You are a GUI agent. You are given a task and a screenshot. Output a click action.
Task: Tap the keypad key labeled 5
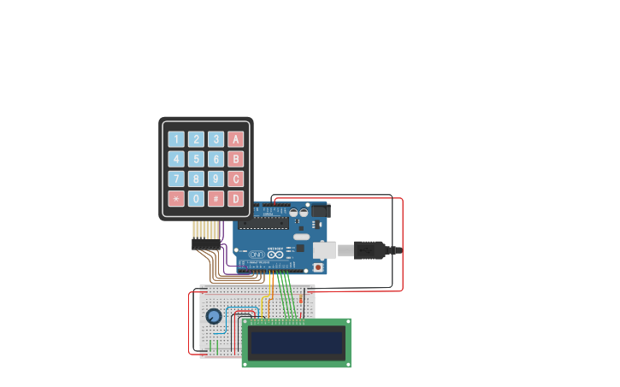[196, 159]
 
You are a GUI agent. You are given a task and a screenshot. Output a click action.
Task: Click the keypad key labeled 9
[216, 179]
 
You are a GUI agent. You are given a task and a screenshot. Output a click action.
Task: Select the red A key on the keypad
[235, 139]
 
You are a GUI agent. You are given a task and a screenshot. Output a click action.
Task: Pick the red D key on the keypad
[235, 198]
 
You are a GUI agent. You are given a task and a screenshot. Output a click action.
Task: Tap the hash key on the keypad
[216, 198]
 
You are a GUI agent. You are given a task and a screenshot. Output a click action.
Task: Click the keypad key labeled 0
[196, 198]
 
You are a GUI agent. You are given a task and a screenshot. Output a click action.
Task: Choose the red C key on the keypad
[235, 179]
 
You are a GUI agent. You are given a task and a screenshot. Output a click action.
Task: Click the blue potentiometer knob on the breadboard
[214, 317]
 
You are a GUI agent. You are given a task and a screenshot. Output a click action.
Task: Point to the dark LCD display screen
[295, 343]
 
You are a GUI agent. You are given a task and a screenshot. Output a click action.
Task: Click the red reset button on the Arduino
[318, 266]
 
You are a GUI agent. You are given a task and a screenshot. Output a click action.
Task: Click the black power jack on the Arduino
[317, 209]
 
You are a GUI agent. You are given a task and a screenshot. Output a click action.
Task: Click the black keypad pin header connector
[206, 245]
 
